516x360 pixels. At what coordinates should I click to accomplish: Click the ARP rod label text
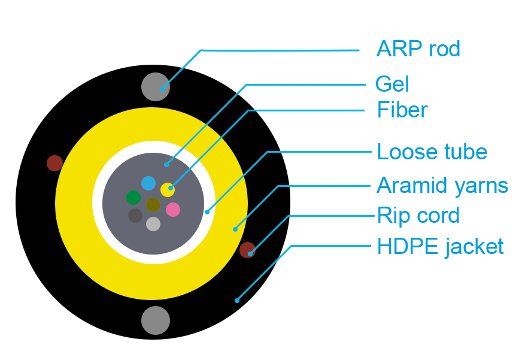418,49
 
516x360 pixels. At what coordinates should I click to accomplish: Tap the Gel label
392,84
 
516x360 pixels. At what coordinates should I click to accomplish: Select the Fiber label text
402,110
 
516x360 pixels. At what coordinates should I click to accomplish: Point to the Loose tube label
432,152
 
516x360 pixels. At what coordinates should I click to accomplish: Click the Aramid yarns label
442,186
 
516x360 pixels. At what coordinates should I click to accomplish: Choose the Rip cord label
418,216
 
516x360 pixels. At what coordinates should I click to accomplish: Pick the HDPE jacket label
441,246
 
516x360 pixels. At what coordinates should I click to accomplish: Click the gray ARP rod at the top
156,87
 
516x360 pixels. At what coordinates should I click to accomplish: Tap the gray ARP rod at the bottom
156,320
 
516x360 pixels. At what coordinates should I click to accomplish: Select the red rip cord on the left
54,163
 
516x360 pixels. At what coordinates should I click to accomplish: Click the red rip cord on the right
247,250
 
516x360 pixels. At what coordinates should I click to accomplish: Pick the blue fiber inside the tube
148,183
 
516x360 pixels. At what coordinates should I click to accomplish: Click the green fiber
133,198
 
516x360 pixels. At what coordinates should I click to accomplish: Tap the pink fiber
173,210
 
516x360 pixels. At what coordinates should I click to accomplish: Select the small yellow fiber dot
168,190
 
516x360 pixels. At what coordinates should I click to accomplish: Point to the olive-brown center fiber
153,204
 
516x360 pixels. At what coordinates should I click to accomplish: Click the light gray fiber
153,224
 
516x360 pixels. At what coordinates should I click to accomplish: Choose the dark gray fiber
135,216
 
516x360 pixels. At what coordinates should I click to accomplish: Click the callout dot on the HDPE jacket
237,300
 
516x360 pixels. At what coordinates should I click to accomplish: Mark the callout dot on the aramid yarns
235,229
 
